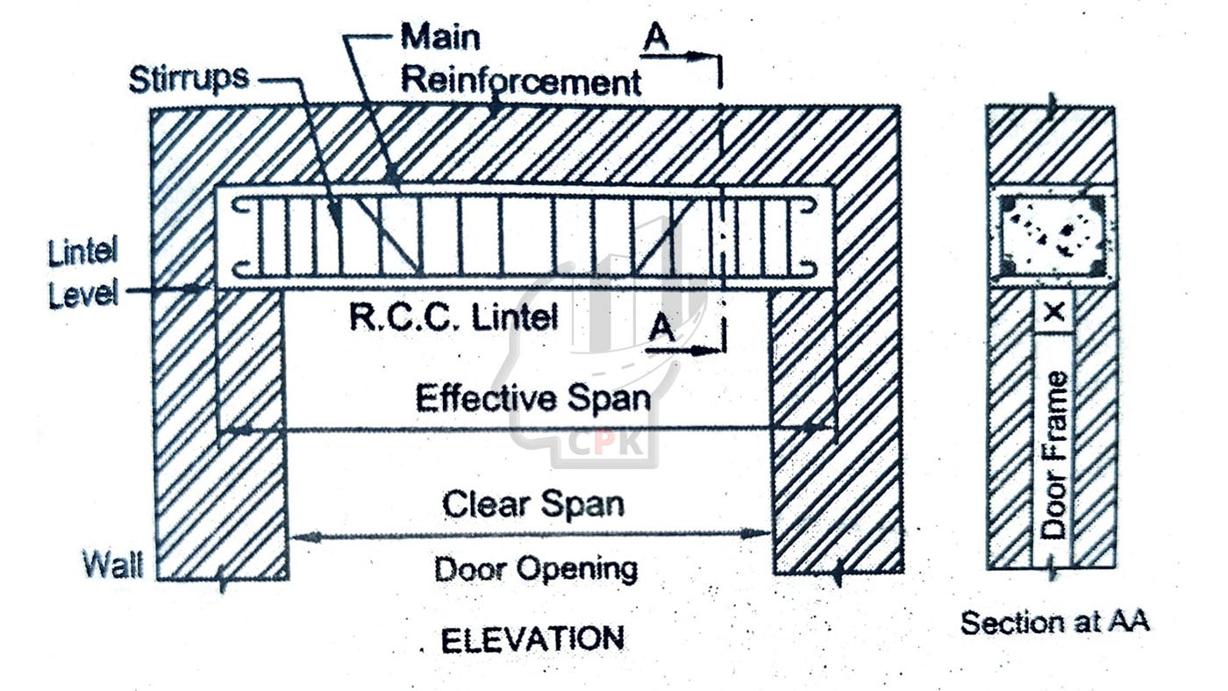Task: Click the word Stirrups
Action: coord(189,80)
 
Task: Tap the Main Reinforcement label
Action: coord(521,59)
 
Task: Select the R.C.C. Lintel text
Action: coord(454,317)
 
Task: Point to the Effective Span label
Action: coord(533,397)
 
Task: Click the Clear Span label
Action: coord(533,504)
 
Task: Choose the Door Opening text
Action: coord(536,569)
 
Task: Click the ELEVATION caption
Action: coord(532,640)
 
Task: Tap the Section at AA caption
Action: coord(1054,623)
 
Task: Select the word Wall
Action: coord(113,564)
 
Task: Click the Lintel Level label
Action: coord(83,273)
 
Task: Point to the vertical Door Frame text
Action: coord(1054,454)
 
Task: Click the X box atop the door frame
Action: coord(1054,312)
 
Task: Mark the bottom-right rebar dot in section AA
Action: coord(1096,268)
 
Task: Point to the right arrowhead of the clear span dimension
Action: coord(755,533)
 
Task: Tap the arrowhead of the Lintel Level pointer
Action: coord(197,289)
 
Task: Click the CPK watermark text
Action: coord(603,445)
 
